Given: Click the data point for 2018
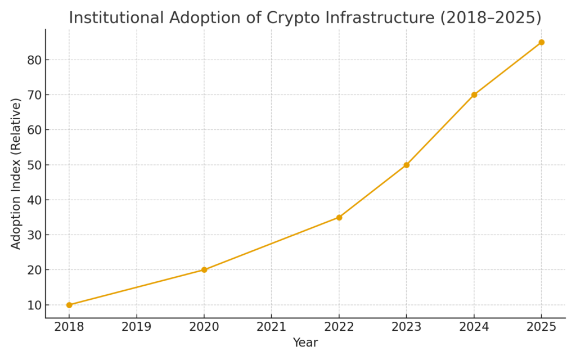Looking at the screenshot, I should click(x=69, y=305).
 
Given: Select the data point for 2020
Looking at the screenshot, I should click(x=204, y=270).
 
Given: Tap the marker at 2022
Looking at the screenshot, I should click(x=339, y=217).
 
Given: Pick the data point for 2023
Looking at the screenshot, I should click(x=406, y=165).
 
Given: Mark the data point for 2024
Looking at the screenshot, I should click(x=474, y=94).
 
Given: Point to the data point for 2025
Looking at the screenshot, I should click(x=541, y=42).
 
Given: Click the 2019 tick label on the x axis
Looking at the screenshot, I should click(x=137, y=327).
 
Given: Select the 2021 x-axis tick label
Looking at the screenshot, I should click(x=272, y=327).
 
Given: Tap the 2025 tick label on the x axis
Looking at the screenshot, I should click(x=541, y=327).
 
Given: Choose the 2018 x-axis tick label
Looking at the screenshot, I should click(x=69, y=327).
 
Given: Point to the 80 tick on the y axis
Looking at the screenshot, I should click(x=34, y=60).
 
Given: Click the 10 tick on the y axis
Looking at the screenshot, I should click(x=34, y=305).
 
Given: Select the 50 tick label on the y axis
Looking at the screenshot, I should click(x=34, y=165).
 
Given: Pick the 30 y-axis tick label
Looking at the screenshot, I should click(x=34, y=235).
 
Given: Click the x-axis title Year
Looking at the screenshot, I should click(x=305, y=343).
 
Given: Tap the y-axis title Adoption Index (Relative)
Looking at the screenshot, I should click(x=16, y=173).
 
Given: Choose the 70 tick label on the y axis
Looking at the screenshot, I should click(x=34, y=94).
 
